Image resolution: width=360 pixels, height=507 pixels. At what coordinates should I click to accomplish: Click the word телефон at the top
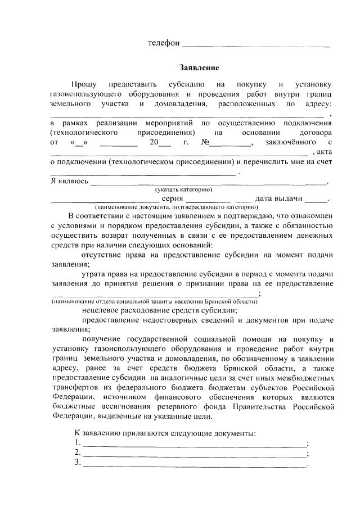[x=164, y=43]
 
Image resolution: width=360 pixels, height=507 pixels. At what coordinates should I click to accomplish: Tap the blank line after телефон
[x=256, y=44]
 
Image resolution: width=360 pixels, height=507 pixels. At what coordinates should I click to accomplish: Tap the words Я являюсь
[x=69, y=181]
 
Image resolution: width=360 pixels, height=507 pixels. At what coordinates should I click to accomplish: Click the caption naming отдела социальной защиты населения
[x=155, y=301]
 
